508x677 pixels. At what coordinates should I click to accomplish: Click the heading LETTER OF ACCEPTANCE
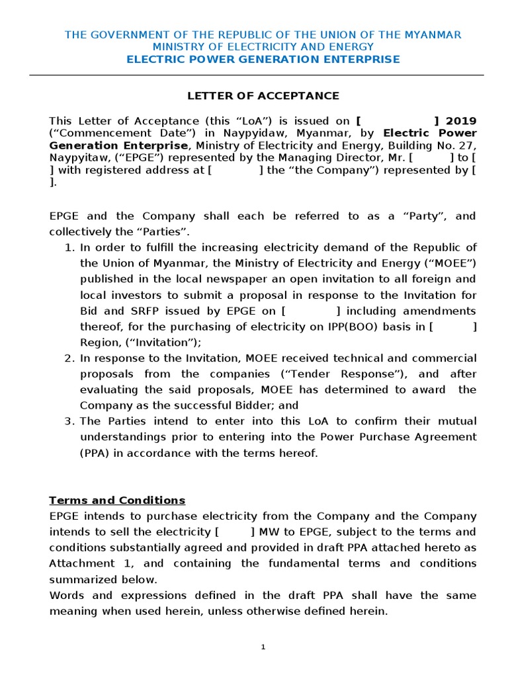pos(263,96)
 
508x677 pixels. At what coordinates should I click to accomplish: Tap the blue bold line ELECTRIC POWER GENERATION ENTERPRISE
pos(263,60)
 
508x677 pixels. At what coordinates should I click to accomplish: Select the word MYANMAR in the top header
pos(433,34)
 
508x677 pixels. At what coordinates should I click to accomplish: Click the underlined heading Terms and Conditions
pos(117,500)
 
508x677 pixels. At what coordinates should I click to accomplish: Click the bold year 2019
pos(461,121)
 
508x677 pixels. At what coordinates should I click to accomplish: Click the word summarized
pos(79,580)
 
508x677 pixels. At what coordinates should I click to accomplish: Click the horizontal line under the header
pos(263,75)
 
